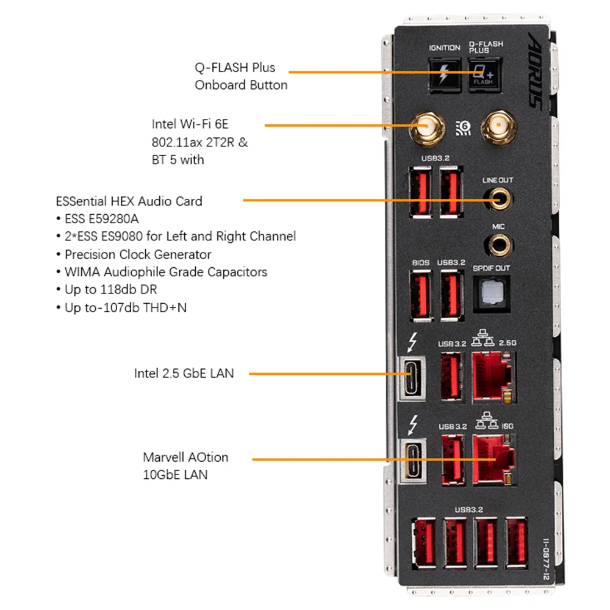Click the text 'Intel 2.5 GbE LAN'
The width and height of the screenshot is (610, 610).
tap(184, 373)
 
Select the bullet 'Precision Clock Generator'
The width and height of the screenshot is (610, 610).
tap(138, 254)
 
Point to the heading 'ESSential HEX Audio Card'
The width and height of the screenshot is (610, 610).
tap(129, 201)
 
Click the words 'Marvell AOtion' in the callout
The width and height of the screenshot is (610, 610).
tap(185, 457)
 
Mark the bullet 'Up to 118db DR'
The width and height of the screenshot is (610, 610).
tap(116, 290)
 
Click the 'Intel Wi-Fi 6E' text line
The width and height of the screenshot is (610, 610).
tap(190, 124)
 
